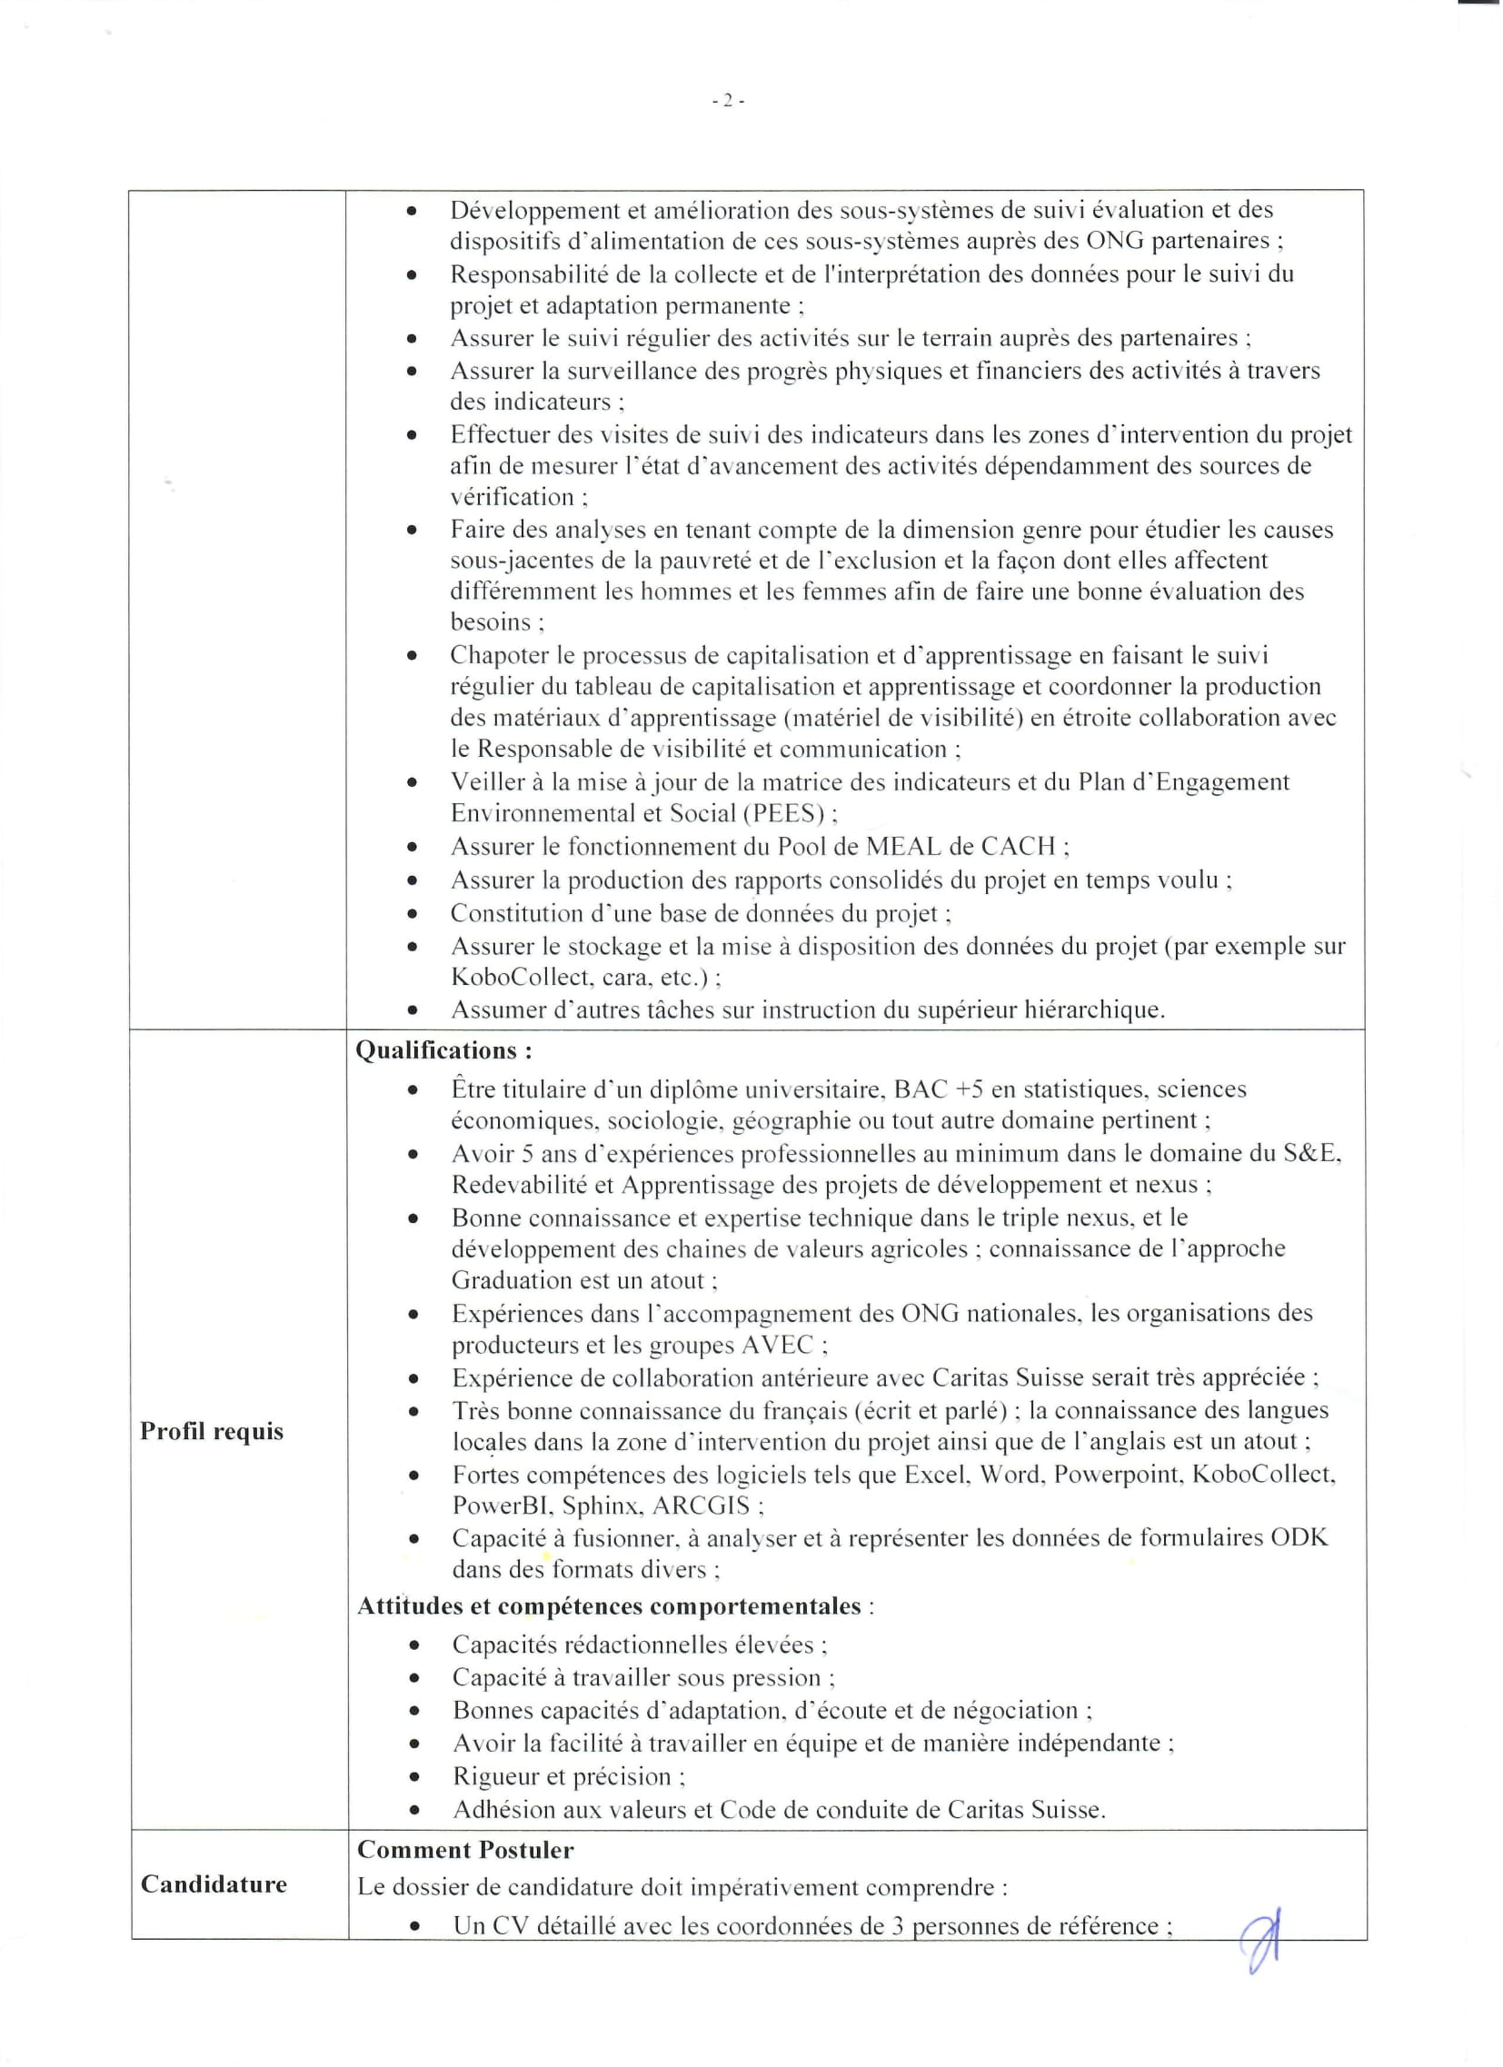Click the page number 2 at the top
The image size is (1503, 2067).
click(727, 101)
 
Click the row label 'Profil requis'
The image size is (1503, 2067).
click(212, 1431)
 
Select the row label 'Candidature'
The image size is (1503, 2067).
click(214, 1883)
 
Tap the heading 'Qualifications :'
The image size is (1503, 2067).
click(443, 1051)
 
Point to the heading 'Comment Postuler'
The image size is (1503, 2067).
click(465, 1849)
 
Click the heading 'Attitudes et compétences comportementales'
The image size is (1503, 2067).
click(609, 1605)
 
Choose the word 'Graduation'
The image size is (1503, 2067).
click(513, 1280)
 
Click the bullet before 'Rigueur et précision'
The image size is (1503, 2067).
click(414, 1776)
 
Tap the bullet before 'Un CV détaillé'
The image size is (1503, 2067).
click(414, 1926)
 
